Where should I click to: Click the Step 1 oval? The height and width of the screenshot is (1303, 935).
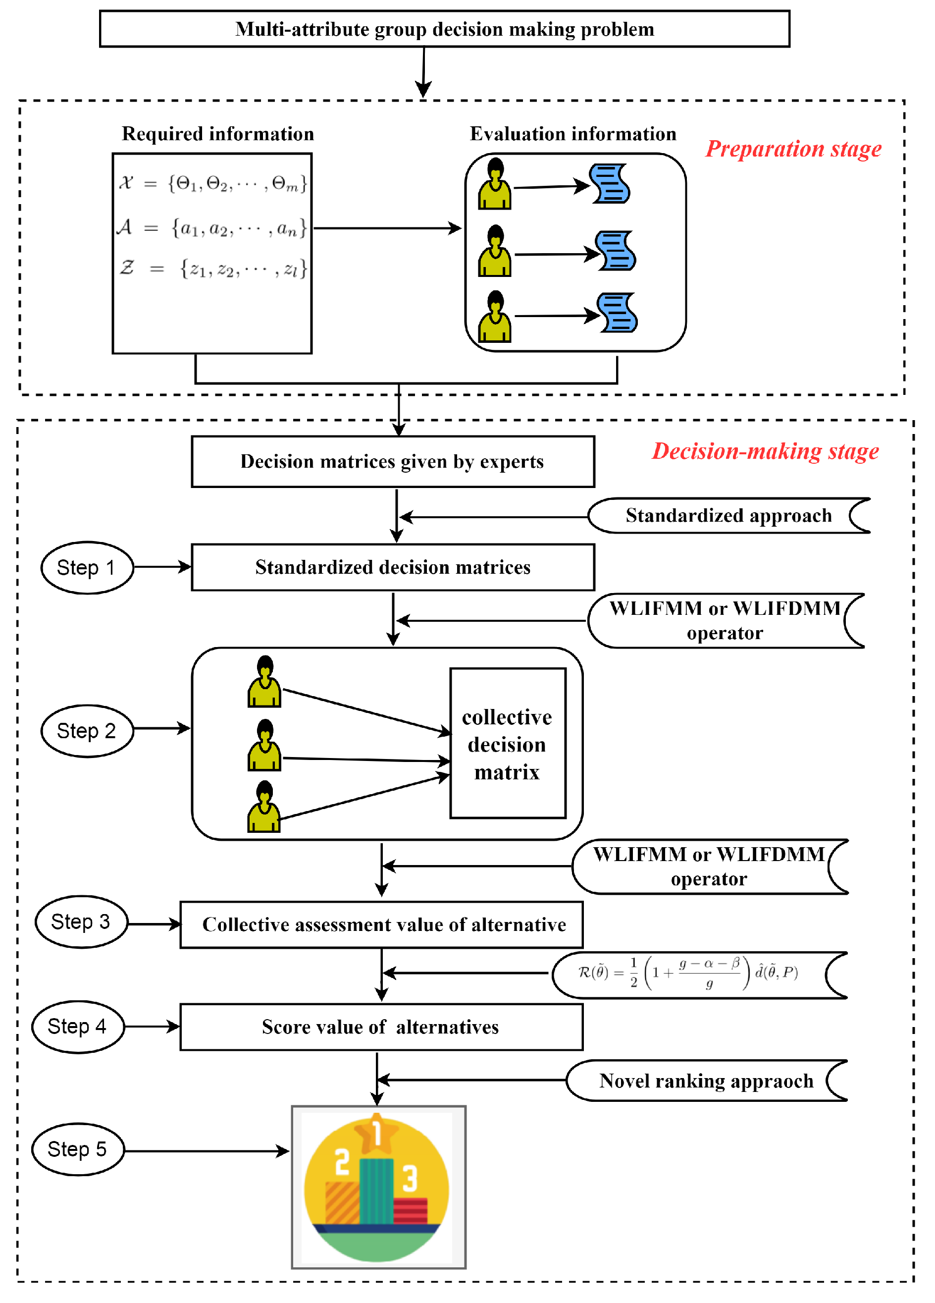(87, 568)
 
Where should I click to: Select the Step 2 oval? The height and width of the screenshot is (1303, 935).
(87, 731)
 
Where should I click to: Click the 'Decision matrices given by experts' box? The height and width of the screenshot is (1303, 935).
(392, 461)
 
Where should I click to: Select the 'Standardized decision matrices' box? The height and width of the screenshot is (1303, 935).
(392, 567)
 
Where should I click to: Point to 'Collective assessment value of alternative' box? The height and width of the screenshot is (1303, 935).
(381, 924)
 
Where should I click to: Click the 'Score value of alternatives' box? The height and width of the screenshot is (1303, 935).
(381, 1027)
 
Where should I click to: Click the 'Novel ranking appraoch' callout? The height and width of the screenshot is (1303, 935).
(706, 1081)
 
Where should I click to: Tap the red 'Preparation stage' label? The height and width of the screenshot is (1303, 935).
(793, 149)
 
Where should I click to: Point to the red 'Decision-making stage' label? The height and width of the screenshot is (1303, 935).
(765, 451)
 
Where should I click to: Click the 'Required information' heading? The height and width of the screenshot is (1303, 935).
(218, 134)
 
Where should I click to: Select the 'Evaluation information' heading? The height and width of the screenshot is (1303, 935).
(572, 134)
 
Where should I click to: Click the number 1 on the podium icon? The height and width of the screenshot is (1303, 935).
(377, 1133)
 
